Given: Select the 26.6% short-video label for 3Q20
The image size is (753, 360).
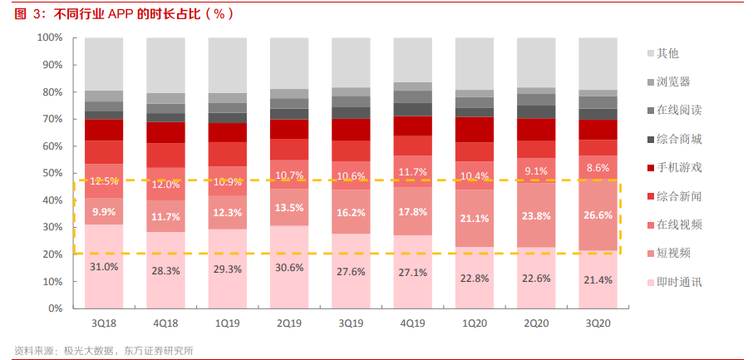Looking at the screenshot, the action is coord(598,215).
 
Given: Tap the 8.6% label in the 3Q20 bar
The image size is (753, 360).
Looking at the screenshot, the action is coord(598,168).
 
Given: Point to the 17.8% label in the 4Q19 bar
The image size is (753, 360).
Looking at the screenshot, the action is coord(412,213).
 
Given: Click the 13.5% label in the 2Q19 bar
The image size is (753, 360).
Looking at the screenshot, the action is coord(289,208).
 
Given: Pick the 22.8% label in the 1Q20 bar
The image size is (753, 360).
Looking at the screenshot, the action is coord(475,279).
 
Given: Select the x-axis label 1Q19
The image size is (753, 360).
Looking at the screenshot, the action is coord(227,323).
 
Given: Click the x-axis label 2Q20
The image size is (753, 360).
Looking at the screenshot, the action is coord(536,323).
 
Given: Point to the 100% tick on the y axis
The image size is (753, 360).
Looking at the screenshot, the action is coord(50,37).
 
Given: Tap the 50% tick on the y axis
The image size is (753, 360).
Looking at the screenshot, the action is coord(52,173).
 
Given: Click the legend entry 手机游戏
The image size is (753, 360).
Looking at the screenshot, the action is coord(675,168).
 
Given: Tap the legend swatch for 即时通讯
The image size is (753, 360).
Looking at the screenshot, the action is coord(651,283).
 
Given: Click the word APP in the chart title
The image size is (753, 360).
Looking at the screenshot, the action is coord(120,14).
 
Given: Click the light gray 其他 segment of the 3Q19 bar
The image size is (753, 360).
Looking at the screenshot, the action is coord(351,62).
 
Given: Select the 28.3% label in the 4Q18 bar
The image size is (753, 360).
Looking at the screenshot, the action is coord(165,270).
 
